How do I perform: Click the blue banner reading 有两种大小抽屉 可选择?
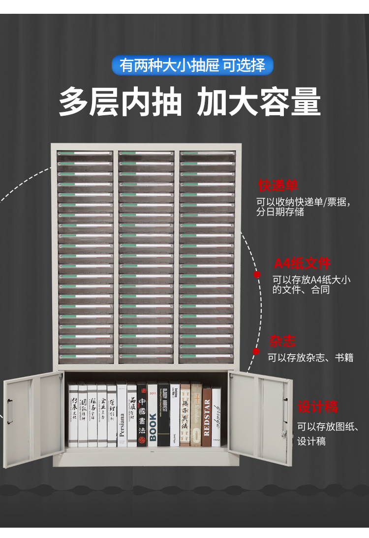tap(192, 66)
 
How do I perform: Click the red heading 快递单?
tap(278, 186)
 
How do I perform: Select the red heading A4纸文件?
tap(302, 264)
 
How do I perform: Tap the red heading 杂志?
tap(282, 341)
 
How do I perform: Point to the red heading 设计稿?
tap(317, 407)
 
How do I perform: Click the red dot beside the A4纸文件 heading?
tap(257, 274)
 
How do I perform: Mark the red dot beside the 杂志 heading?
tap(256, 351)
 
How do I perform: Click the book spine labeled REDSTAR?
tap(207, 416)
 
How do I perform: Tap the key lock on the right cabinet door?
tap(284, 433)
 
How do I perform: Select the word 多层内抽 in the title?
tap(121, 103)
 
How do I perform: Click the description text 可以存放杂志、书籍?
tap(310, 358)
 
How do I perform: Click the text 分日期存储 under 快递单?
tap(280, 212)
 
